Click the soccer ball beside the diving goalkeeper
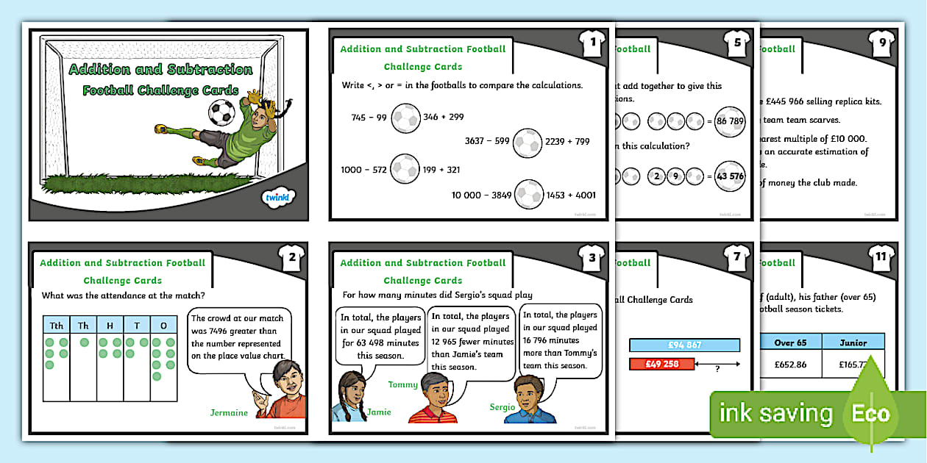click(x=221, y=112)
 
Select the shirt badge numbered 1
click(x=592, y=43)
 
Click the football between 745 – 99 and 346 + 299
click(x=405, y=118)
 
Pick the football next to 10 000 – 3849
click(x=529, y=195)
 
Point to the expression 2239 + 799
click(x=567, y=142)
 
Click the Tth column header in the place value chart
click(x=55, y=326)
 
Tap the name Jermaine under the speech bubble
click(x=229, y=412)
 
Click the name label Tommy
click(x=402, y=384)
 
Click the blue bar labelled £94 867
click(x=684, y=345)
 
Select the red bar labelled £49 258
click(x=662, y=364)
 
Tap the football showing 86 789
click(x=730, y=121)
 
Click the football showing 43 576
click(x=730, y=176)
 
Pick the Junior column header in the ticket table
click(x=852, y=342)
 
